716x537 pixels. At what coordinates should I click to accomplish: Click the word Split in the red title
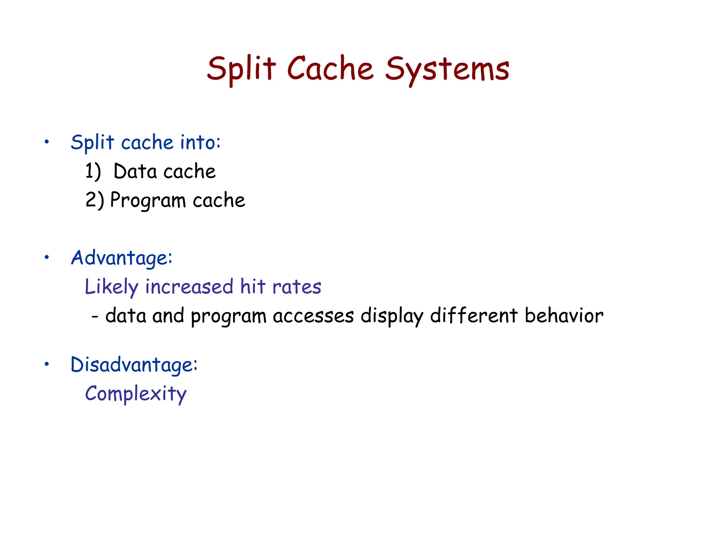pyautogui.click(x=241, y=69)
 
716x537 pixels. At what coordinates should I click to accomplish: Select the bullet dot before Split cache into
pyautogui.click(x=46, y=142)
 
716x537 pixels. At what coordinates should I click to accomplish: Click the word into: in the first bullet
pyautogui.click(x=200, y=142)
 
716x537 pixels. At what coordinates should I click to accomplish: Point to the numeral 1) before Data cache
pyautogui.click(x=93, y=171)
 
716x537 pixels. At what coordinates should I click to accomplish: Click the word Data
pyautogui.click(x=135, y=171)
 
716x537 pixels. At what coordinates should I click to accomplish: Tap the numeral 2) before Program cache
pyautogui.click(x=94, y=200)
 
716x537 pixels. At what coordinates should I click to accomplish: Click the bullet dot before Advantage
pyautogui.click(x=46, y=258)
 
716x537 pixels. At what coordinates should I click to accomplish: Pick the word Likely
pyautogui.click(x=112, y=287)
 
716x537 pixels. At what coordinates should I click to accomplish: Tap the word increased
pyautogui.click(x=189, y=287)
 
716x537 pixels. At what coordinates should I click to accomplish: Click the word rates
pyautogui.click(x=296, y=287)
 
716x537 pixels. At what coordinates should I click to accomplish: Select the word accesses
pyautogui.click(x=313, y=316)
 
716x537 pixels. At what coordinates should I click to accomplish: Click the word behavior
pyautogui.click(x=564, y=315)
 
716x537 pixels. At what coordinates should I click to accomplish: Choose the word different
pyautogui.click(x=474, y=315)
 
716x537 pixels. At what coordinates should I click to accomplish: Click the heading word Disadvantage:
pyautogui.click(x=134, y=365)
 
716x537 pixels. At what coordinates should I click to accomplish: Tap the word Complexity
pyautogui.click(x=136, y=394)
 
